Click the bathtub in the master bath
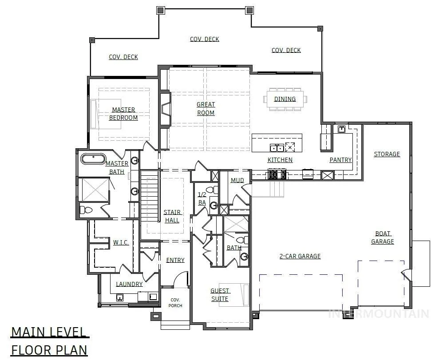(x=93, y=159)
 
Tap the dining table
(x=285, y=99)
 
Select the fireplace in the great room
(x=165, y=109)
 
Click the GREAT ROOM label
(x=206, y=109)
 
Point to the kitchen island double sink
(x=277, y=147)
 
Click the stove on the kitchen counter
(x=277, y=174)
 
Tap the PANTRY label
(x=340, y=160)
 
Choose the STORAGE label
(x=387, y=154)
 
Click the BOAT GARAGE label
(x=383, y=237)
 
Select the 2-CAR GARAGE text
(x=300, y=256)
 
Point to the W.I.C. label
(x=121, y=242)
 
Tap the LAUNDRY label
(x=129, y=284)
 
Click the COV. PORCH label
(x=175, y=303)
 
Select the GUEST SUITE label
(x=220, y=295)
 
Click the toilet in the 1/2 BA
(x=212, y=190)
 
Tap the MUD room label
(x=237, y=180)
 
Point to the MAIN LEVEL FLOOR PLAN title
(x=49, y=341)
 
